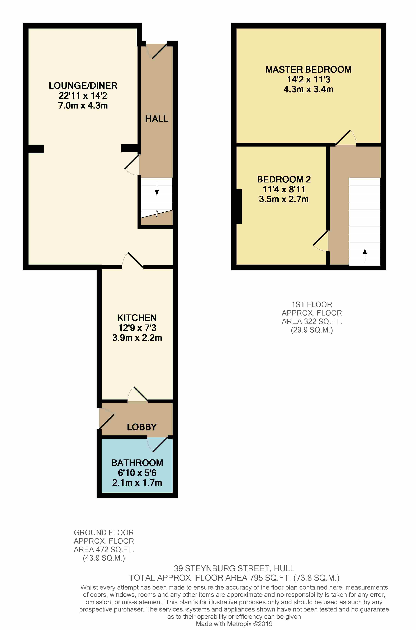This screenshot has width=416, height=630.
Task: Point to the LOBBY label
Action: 142,427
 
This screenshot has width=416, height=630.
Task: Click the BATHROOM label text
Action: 137,463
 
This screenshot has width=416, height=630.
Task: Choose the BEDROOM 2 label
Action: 284,179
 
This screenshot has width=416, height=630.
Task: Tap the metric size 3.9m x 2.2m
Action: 137,338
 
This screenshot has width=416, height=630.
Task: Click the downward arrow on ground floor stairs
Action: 157,189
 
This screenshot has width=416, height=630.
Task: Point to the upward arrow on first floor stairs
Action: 365,255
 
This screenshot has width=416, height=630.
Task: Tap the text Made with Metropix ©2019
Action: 234,624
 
